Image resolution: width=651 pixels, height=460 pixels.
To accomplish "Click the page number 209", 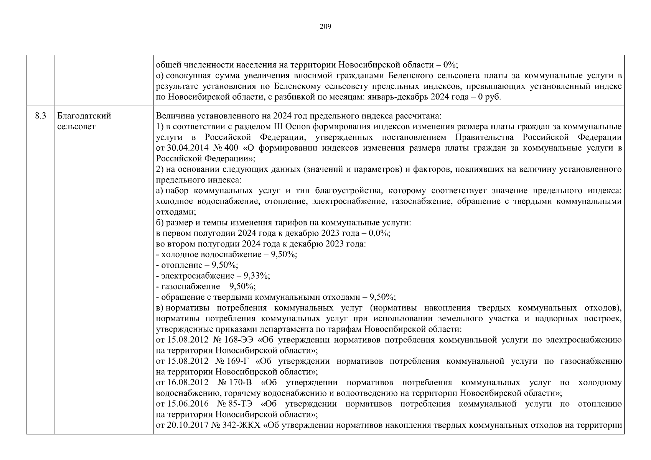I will [325, 27].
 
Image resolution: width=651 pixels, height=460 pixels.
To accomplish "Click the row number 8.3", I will [40, 116].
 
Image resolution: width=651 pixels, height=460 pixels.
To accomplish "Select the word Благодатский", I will [84, 116].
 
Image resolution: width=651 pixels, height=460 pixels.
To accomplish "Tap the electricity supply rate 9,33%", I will [259, 276].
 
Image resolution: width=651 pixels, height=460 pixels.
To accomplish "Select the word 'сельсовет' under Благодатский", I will [76, 127].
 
